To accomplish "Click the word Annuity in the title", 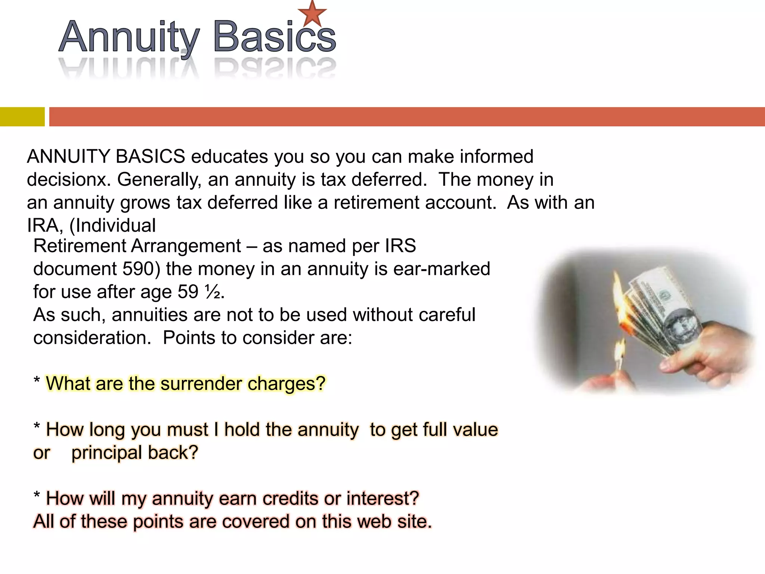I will tap(129, 37).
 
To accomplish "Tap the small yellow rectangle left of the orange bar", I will tap(22, 117).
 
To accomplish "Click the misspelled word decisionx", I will tap(69, 180).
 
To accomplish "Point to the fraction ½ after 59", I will tap(212, 292).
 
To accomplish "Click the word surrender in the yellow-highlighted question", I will tap(201, 384).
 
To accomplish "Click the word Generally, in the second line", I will tap(159, 180).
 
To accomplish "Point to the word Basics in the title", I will tap(275, 37).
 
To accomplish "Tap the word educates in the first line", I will tap(229, 157).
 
